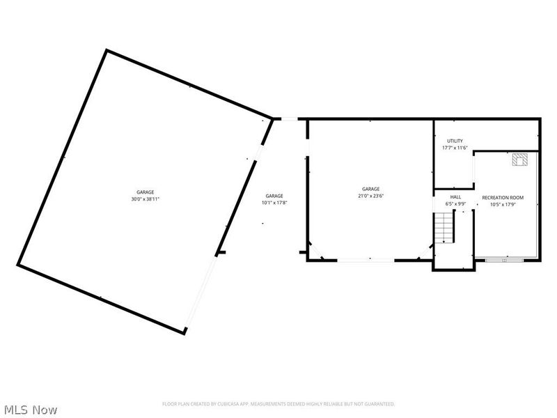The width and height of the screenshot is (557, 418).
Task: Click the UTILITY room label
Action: tap(455, 141)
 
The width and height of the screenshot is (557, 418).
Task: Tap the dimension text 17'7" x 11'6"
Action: tap(455, 148)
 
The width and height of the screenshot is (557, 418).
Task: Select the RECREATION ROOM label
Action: tap(503, 198)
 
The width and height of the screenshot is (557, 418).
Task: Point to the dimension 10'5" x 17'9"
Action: tap(503, 205)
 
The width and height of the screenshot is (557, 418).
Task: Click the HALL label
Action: tap(455, 197)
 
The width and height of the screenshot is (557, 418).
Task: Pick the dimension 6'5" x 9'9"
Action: tap(455, 204)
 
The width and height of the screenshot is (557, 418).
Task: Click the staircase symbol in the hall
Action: tap(444, 228)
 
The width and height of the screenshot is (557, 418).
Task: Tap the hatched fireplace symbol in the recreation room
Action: tap(521, 160)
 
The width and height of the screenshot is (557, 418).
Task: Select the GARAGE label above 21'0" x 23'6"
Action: tap(370, 189)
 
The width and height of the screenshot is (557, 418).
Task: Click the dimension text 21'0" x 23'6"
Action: tap(370, 196)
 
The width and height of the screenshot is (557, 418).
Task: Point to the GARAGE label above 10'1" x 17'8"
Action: tap(274, 196)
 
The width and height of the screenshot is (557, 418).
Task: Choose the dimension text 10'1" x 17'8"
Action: tap(274, 203)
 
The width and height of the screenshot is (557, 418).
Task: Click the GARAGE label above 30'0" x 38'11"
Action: tap(145, 192)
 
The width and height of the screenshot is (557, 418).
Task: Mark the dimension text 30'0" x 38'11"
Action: tap(145, 199)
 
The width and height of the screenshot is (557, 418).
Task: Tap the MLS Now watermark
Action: tap(31, 410)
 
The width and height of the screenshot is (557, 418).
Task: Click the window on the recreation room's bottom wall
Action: tap(505, 260)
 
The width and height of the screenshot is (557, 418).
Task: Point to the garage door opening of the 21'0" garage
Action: tap(367, 260)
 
